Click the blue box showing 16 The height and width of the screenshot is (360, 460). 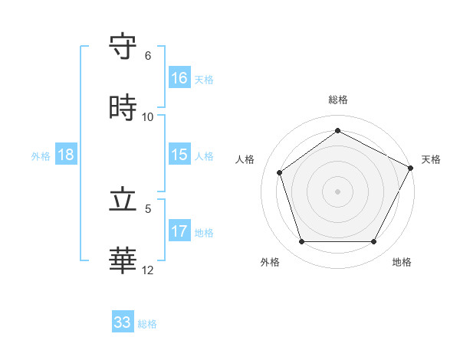coord(179,78)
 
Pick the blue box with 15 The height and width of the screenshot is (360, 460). coord(179,155)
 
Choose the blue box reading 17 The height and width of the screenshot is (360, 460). coord(179,231)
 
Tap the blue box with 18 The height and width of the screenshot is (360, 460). coord(66,155)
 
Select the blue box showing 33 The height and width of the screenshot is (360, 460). coord(123,322)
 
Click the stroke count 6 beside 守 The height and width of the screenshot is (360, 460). coord(148,56)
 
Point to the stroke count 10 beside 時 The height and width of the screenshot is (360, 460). coord(148,116)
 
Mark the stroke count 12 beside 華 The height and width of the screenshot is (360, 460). coord(148,270)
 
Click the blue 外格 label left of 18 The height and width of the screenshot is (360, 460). coord(41,156)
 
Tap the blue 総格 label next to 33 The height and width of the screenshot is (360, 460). coord(147,324)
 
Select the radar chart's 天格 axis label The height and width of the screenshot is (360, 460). coord(431,159)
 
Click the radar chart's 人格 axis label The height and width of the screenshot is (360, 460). coord(245,159)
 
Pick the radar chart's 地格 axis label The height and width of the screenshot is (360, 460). coord(402,262)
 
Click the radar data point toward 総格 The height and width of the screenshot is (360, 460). coord(337,130)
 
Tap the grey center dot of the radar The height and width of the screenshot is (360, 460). coord(337,191)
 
